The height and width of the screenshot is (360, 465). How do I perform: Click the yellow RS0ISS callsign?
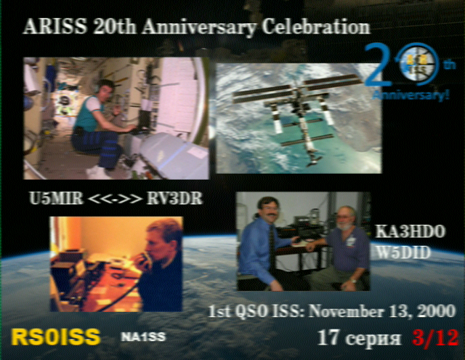pos(55,337)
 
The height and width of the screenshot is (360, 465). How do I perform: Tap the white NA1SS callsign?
pos(143,337)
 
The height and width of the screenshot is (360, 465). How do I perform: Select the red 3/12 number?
pos(435,337)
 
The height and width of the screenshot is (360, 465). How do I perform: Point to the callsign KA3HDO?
pos(411,231)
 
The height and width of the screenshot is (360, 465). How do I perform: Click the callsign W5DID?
pos(403,253)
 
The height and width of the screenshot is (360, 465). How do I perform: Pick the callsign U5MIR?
pos(57,199)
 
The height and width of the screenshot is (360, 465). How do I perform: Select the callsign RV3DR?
pos(174,199)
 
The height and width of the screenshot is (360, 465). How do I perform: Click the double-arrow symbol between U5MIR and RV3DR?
pos(115,199)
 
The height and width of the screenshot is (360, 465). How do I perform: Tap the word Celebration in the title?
pos(316,28)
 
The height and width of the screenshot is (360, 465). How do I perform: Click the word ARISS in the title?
pos(55,27)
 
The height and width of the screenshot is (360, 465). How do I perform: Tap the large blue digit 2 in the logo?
pos(375,65)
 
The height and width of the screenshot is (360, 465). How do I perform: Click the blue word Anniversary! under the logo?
pos(411,95)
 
